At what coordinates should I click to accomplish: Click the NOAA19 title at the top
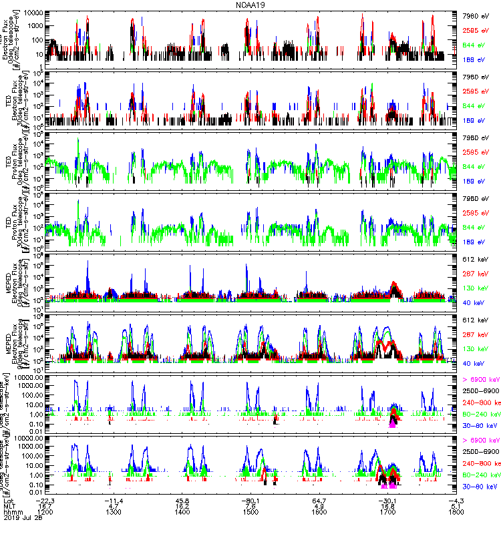coord(251,5)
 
